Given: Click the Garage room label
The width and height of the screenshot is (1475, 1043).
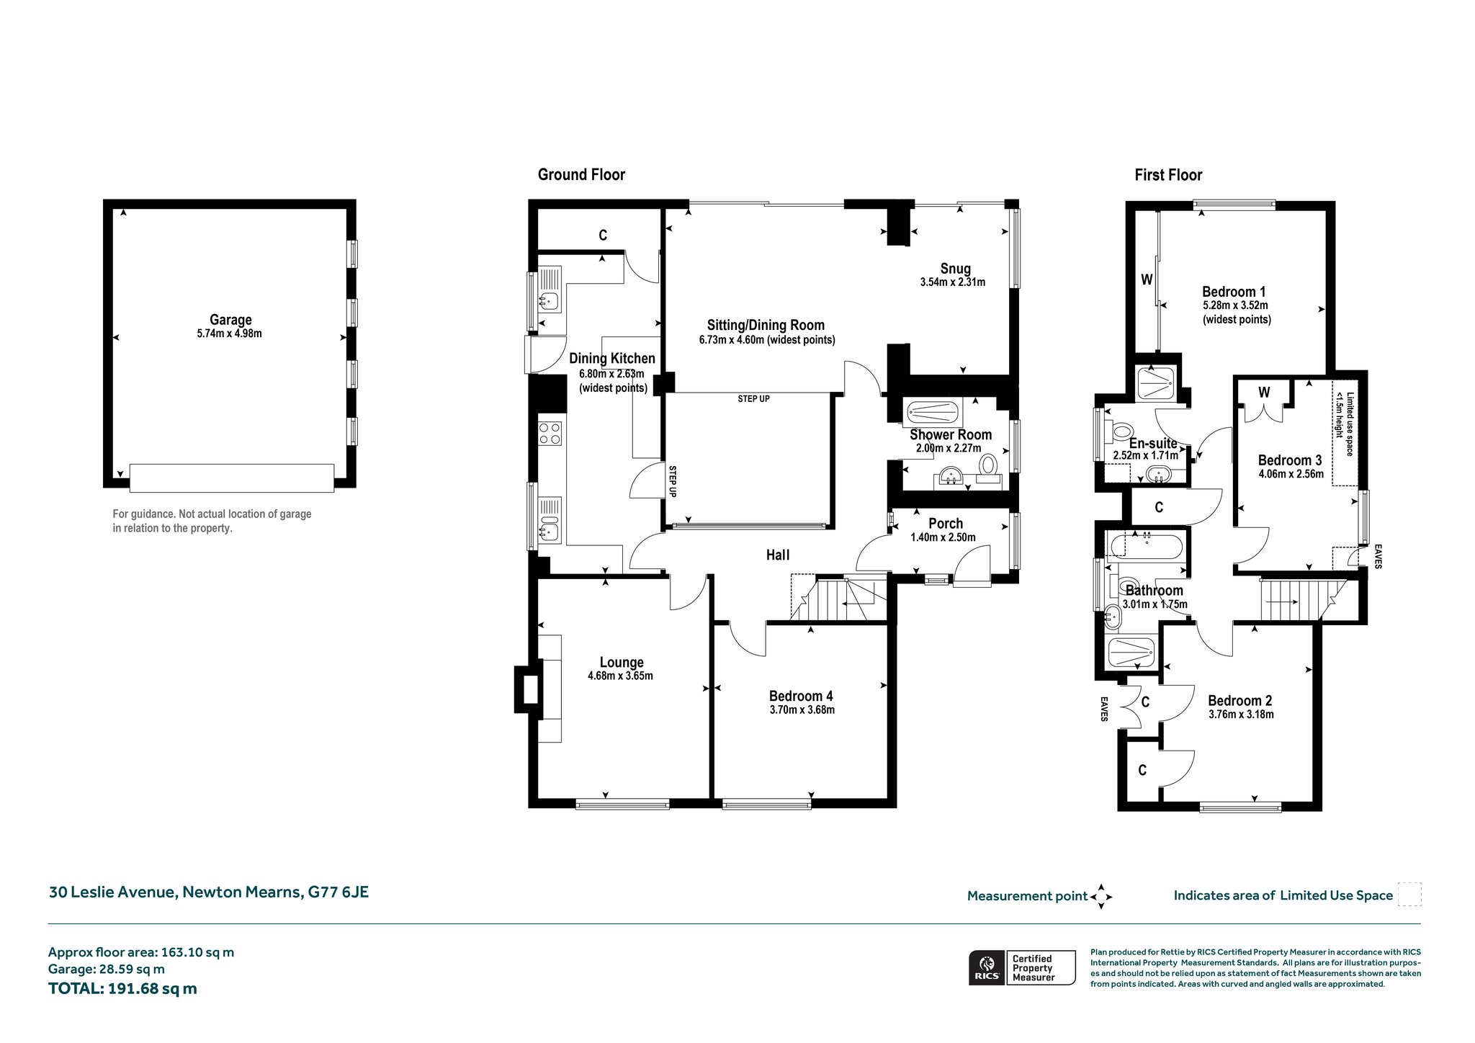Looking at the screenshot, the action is coord(230,320).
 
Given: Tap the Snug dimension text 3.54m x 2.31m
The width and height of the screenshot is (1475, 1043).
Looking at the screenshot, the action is coord(953,282).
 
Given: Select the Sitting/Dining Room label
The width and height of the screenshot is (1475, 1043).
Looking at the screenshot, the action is coord(766,325).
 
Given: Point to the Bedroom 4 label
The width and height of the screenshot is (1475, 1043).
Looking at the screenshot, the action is coord(801,696).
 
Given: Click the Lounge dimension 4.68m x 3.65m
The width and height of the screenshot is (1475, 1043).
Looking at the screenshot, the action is coord(620,676).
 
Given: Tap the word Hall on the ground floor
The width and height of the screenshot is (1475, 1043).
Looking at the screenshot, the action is coord(778,555).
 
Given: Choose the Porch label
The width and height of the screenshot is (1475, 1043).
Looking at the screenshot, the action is coord(946,524).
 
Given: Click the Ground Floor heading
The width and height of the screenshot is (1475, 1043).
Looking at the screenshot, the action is coord(581,174).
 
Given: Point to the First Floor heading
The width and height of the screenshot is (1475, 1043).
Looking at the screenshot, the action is coord(1168,175).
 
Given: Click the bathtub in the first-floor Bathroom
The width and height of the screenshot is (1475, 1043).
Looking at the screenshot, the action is coord(1147,545).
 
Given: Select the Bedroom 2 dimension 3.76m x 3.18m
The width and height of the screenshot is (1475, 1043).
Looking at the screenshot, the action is coord(1241,715).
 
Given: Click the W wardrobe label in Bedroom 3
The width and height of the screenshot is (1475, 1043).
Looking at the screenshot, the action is coord(1264,393).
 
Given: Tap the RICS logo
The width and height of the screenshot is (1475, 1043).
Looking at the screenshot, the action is coord(986,967).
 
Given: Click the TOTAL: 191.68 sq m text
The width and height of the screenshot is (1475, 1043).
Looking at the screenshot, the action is coord(122,988).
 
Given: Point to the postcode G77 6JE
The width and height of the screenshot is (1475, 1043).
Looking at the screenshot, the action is coord(339,892).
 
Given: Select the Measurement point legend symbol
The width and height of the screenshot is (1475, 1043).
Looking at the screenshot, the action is coord(1101,897).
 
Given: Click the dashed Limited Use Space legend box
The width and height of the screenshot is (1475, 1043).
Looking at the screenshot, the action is coord(1409,895).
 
